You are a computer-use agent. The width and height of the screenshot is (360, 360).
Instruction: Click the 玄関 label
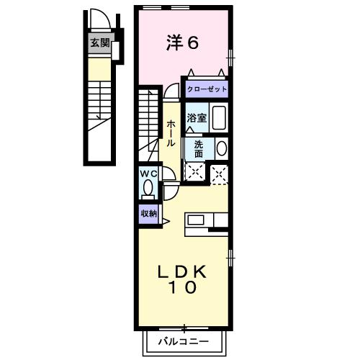click(x=100, y=43)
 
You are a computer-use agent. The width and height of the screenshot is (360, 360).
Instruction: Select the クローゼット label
click(x=207, y=89)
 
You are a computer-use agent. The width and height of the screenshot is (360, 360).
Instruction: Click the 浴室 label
click(x=197, y=118)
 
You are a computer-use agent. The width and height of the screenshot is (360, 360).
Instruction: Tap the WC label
click(x=148, y=174)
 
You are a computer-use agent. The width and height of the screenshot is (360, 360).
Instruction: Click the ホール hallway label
click(x=171, y=134)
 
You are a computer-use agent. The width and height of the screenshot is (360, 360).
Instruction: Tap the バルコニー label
click(x=184, y=341)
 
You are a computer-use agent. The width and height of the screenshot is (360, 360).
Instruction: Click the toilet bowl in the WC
click(x=148, y=189)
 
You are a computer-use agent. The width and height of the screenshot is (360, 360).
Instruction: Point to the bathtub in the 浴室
click(x=219, y=117)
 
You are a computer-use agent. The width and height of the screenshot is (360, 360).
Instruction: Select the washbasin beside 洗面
click(x=221, y=148)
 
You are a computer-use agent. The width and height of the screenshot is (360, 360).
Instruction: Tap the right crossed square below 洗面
click(x=219, y=172)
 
